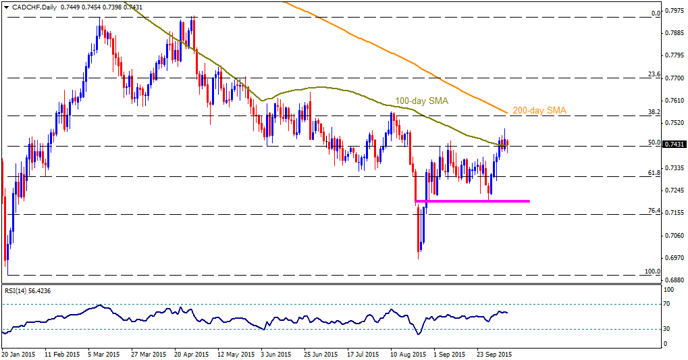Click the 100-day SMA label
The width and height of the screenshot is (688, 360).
(422, 101)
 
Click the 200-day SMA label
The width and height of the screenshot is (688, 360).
(539, 111)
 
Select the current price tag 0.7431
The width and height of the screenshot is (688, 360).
(674, 144)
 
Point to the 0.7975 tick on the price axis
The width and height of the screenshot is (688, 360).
(674, 11)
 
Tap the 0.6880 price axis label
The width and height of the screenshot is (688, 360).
(674, 280)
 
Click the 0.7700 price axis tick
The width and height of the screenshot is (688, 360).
(674, 78)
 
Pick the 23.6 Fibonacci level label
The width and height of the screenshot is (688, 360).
(654, 74)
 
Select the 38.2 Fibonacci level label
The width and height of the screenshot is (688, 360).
(654, 112)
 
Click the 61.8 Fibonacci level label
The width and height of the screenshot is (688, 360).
(654, 173)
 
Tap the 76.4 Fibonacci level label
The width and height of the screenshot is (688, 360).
(654, 211)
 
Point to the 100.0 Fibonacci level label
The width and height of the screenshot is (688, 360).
(652, 272)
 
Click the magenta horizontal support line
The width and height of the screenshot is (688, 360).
(472, 201)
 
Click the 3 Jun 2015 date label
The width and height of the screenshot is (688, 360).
(276, 354)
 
